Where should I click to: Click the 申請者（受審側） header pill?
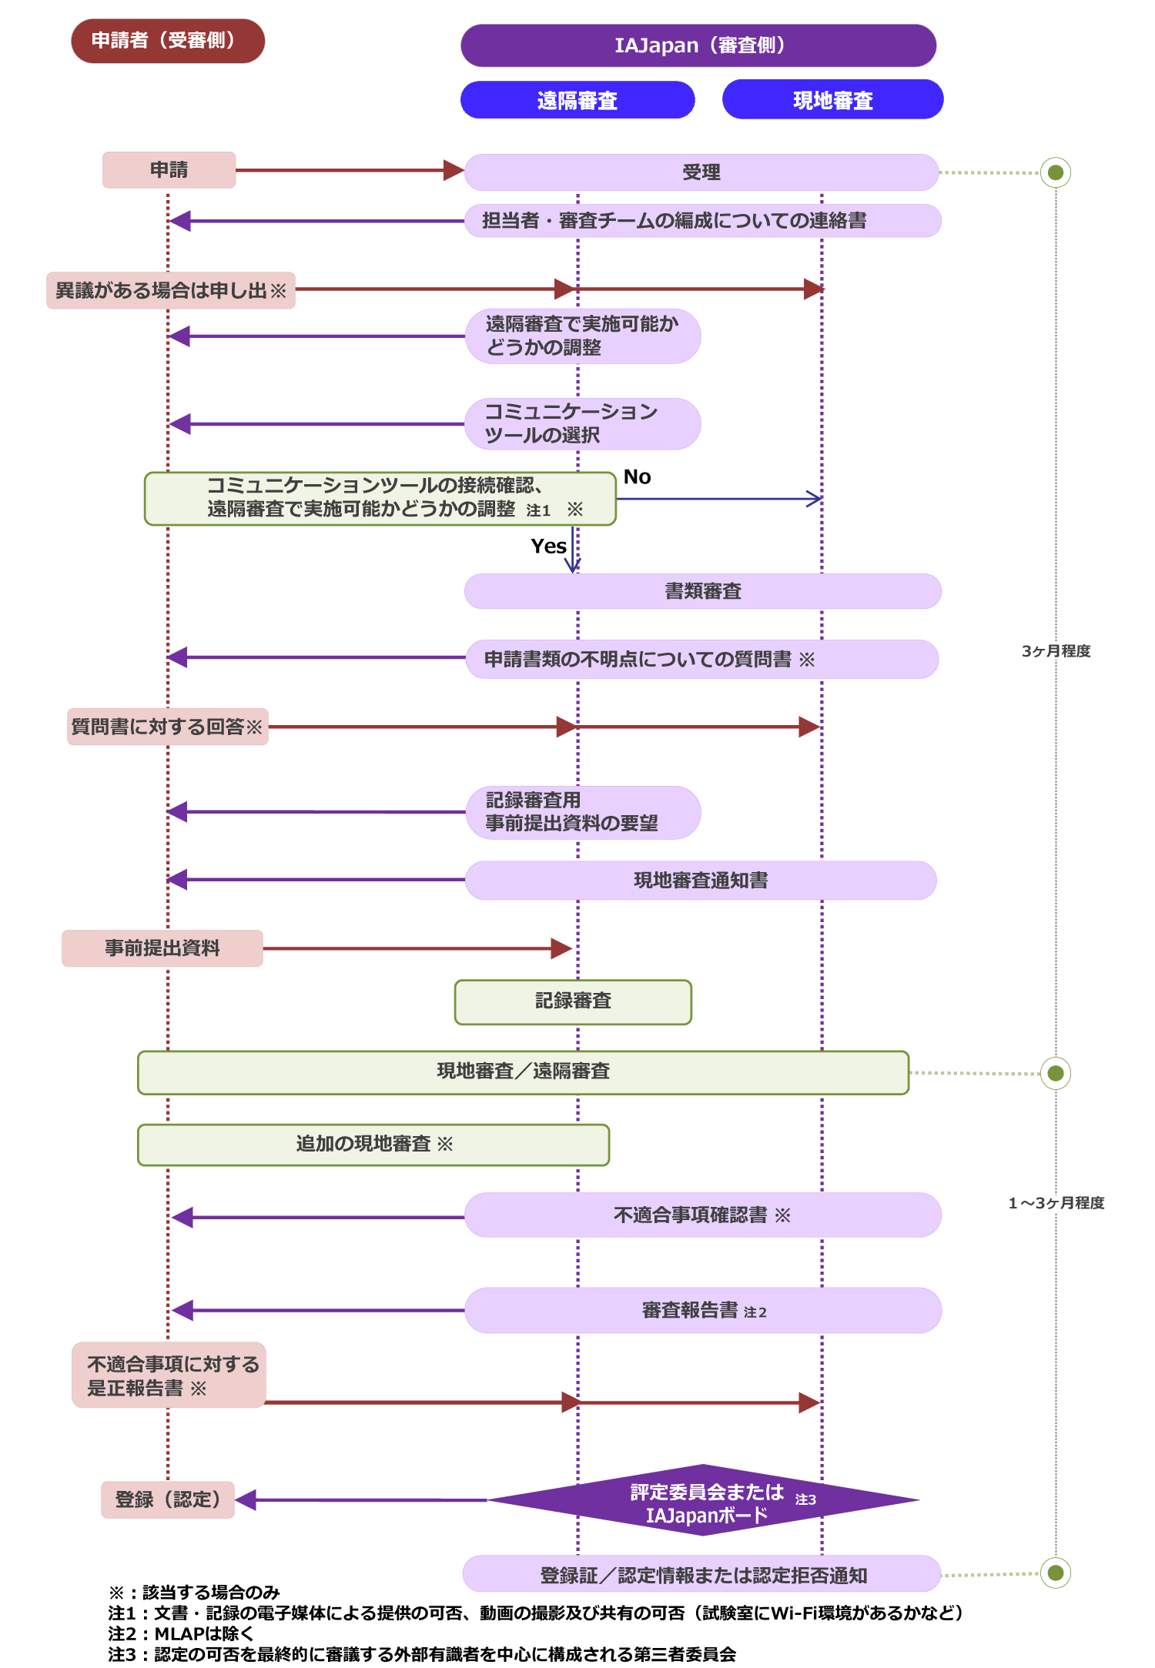click(168, 41)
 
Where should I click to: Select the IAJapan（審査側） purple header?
click(698, 45)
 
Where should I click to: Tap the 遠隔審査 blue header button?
click(577, 100)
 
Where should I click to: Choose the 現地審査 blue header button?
click(832, 100)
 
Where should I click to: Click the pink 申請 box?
click(169, 170)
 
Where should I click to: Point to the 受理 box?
click(701, 172)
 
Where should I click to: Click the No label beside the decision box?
click(637, 477)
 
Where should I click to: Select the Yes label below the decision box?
click(548, 547)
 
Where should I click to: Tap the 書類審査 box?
click(702, 591)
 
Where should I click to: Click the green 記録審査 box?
click(573, 1001)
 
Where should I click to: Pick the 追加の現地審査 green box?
click(373, 1145)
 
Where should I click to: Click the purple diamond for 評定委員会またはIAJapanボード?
click(703, 1500)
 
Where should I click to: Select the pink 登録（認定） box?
click(168, 1499)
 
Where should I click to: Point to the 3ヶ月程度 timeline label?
click(1056, 651)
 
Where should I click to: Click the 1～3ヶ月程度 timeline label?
click(1056, 1203)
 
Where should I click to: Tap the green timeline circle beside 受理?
click(1056, 172)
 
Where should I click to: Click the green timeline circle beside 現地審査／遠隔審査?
click(1056, 1073)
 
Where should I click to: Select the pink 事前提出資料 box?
click(162, 948)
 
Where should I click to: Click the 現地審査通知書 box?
click(701, 881)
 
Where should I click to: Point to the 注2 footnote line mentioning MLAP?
click(181, 1633)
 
